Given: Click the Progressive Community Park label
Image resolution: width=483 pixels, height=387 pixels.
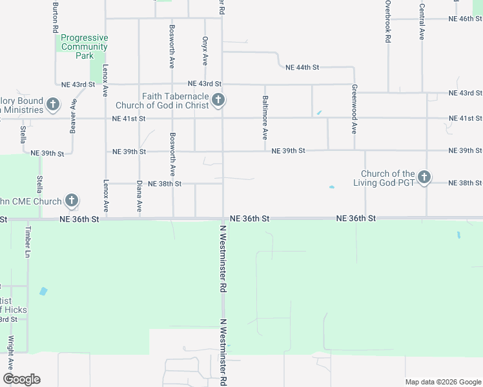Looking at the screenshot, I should (84, 46).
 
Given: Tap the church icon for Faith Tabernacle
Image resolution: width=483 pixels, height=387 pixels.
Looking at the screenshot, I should (218, 99).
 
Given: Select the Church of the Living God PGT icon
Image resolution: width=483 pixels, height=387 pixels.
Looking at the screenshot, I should (424, 177).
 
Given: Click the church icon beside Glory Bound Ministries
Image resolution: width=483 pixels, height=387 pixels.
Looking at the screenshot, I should (54, 104).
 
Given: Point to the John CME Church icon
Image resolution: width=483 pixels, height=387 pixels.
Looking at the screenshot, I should (72, 201).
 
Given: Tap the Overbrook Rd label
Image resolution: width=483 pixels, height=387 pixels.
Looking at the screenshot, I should (388, 21).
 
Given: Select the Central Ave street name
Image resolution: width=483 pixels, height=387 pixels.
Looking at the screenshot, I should (422, 22).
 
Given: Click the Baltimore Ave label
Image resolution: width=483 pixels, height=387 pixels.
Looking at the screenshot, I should (265, 118).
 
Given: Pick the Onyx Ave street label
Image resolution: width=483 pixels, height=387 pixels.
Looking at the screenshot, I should (205, 50).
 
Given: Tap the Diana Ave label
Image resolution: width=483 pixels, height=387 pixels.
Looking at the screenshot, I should (139, 196).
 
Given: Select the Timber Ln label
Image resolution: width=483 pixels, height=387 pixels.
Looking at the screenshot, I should (28, 242).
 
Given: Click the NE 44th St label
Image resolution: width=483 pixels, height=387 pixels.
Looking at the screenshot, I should (303, 67).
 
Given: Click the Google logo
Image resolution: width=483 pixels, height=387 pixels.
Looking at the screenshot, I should (21, 379).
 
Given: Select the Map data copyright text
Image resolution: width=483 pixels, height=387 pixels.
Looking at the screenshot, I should (442, 382).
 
